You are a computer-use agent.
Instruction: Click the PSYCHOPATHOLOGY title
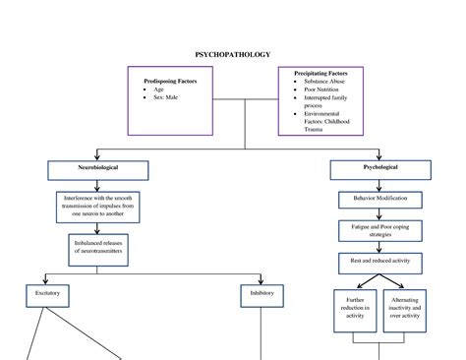232,55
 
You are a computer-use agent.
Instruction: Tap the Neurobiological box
98,168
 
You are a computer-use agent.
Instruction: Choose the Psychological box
379,168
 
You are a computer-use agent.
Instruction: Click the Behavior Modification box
379,198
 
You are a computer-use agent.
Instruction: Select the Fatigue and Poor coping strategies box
379,230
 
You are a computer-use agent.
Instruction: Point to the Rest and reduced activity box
379,261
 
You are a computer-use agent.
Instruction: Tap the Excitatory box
46,293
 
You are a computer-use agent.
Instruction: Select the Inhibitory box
262,293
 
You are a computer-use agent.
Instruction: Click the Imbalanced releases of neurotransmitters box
98,246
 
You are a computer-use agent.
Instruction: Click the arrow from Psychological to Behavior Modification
379,184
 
